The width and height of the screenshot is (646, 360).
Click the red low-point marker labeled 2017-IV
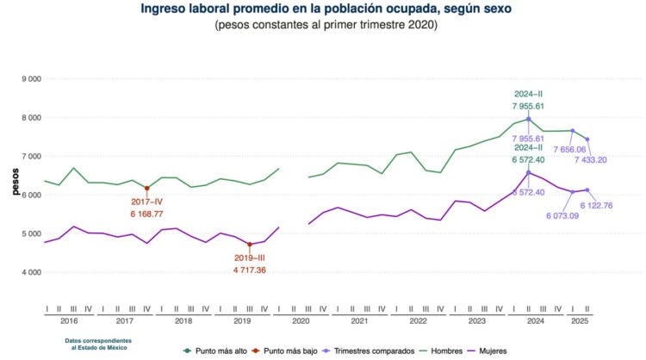[146, 189]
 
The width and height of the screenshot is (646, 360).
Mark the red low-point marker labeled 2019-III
[250, 245]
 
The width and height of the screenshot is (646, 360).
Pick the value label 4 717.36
[250, 269]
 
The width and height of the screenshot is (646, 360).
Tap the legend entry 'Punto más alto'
[217, 351]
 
